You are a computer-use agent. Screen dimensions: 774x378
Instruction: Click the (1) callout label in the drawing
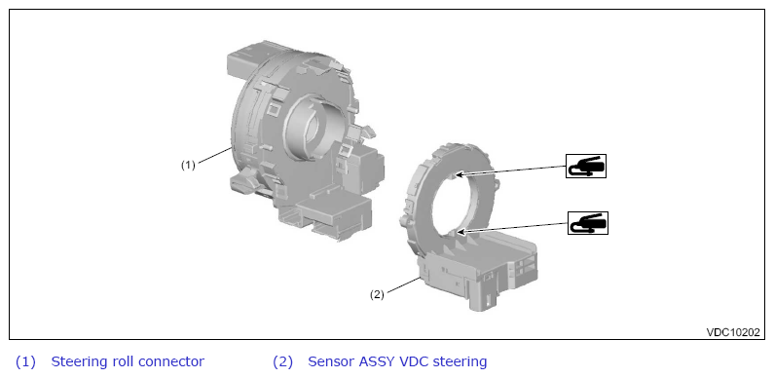click(x=188, y=165)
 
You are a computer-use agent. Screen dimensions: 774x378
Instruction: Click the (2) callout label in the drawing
click(x=377, y=295)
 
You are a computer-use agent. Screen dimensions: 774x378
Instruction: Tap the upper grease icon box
click(x=586, y=166)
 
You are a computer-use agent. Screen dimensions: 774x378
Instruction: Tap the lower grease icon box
click(x=588, y=223)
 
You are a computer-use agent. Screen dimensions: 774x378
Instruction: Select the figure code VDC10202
click(x=733, y=332)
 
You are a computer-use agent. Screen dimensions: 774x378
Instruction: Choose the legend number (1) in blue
click(x=25, y=362)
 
